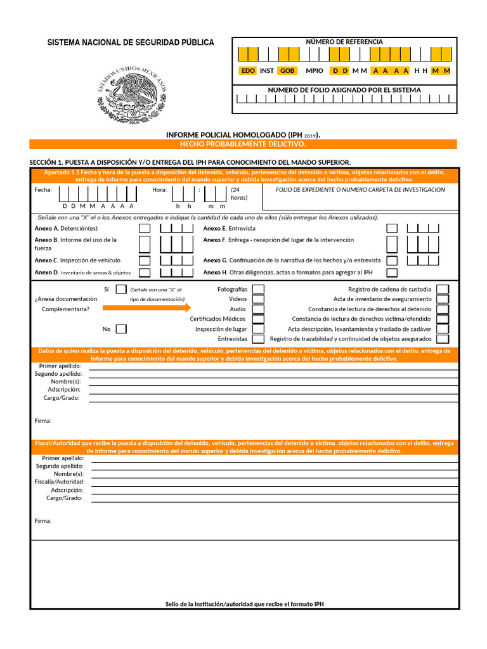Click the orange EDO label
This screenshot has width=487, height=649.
(x=248, y=71)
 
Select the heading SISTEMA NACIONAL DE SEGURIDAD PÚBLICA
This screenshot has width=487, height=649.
(x=131, y=42)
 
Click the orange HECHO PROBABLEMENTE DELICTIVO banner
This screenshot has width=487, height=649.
(x=243, y=145)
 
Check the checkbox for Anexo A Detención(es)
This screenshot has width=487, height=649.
(x=145, y=228)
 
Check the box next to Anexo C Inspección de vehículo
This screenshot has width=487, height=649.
(x=145, y=260)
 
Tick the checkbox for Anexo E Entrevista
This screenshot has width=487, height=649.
(x=393, y=228)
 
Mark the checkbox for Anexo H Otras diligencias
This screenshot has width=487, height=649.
(x=393, y=273)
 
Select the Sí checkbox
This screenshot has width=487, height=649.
(x=121, y=289)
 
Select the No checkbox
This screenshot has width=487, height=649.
(x=121, y=329)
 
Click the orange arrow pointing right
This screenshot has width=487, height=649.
(x=146, y=308)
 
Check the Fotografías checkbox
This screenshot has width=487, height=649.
(x=258, y=289)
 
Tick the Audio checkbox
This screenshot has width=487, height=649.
(x=258, y=309)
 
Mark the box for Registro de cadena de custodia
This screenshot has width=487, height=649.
(x=443, y=289)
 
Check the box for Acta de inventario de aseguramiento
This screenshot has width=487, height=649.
(x=443, y=299)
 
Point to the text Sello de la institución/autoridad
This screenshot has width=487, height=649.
(x=244, y=604)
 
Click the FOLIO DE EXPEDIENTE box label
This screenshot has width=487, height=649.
(x=360, y=190)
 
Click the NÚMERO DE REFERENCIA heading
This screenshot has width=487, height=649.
(x=344, y=42)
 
